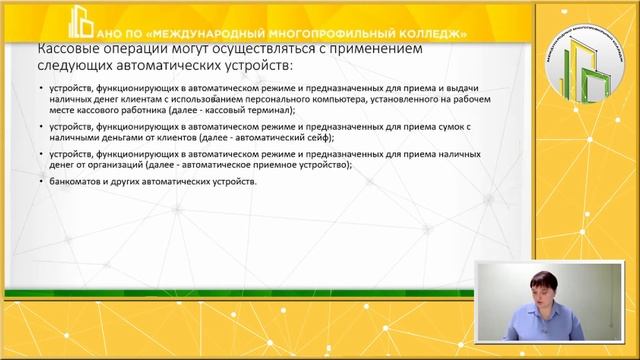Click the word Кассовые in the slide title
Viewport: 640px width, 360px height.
click(69, 48)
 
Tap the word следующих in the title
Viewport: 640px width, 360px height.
click(77, 66)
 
